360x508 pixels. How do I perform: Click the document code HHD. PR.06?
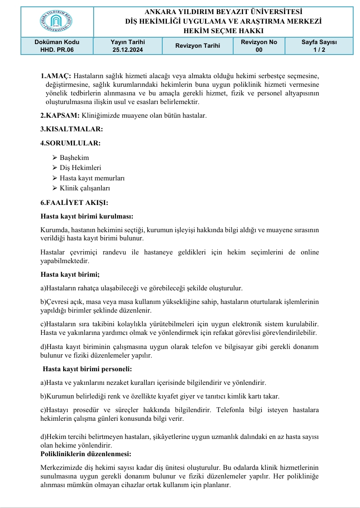coord(57,50)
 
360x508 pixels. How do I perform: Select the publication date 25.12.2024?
coord(128,50)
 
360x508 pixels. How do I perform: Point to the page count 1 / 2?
coord(319,50)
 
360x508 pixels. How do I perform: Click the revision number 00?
coord(259,50)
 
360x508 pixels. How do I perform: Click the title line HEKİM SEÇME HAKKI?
coord(223,30)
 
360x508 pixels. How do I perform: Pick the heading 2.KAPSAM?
coord(60,115)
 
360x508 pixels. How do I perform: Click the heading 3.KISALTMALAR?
coord(72,129)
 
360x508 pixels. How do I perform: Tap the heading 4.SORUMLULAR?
coord(70,143)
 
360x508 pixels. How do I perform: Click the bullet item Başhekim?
coord(74,158)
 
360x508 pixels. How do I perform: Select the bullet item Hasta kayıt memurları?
coord(92,178)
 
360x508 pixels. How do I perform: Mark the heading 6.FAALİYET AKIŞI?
coord(75,203)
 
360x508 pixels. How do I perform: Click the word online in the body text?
coord(309,252)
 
